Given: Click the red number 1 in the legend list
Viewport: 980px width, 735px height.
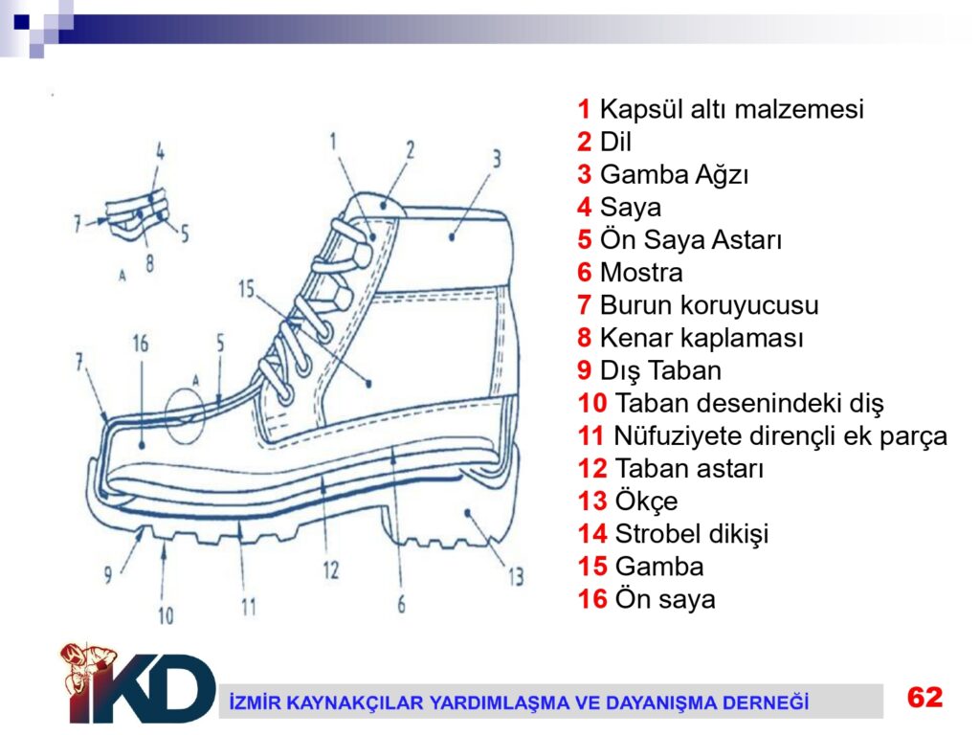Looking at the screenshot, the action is (x=584, y=109).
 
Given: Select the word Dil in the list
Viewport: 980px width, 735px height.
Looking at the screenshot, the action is (x=615, y=142).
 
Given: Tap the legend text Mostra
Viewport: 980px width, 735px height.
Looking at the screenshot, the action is (x=641, y=273).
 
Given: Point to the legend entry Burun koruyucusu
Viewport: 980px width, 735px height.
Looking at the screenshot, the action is (x=709, y=305).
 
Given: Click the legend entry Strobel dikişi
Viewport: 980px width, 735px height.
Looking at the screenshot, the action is (x=692, y=534).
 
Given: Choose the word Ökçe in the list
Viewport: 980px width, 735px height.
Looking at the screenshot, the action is (x=646, y=501).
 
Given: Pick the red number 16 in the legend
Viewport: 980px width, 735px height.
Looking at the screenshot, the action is (x=592, y=599).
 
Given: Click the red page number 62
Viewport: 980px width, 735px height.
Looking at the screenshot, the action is (x=925, y=697).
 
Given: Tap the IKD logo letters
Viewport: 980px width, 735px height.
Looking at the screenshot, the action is (x=141, y=687).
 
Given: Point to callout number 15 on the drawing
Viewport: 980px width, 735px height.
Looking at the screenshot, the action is (x=246, y=289).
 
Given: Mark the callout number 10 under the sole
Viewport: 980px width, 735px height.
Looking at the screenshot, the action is (x=166, y=615).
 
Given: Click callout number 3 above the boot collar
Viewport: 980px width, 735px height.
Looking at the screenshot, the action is (x=497, y=159).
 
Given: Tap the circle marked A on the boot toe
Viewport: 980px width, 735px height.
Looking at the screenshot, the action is (x=185, y=415).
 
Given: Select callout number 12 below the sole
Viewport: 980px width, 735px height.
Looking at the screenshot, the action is (x=330, y=569).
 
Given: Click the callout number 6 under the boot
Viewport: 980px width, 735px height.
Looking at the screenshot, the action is (x=401, y=604).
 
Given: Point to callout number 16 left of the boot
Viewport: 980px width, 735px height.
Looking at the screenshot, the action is (x=141, y=344).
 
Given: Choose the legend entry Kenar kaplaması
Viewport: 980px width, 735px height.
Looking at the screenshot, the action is (x=702, y=338).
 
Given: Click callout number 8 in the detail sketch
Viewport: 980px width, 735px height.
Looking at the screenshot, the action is (x=149, y=263).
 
